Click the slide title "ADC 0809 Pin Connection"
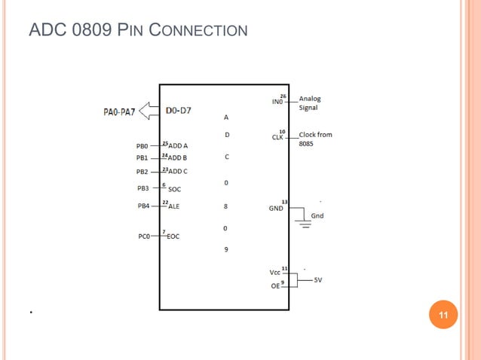coord(138,31)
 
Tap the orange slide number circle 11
coord(443,315)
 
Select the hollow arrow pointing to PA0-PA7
coord(150,111)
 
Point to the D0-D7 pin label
coord(179,111)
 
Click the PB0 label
coord(142,145)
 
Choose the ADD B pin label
coord(178,158)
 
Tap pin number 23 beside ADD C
coord(164,170)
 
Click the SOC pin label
coord(174,190)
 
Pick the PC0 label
coord(144,236)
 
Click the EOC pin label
coord(173,236)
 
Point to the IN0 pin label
coord(277,102)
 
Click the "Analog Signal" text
coord(309,103)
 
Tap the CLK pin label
coord(277,138)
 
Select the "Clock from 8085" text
coord(315,139)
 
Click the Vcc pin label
coord(274,272)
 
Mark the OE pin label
coord(275,286)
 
